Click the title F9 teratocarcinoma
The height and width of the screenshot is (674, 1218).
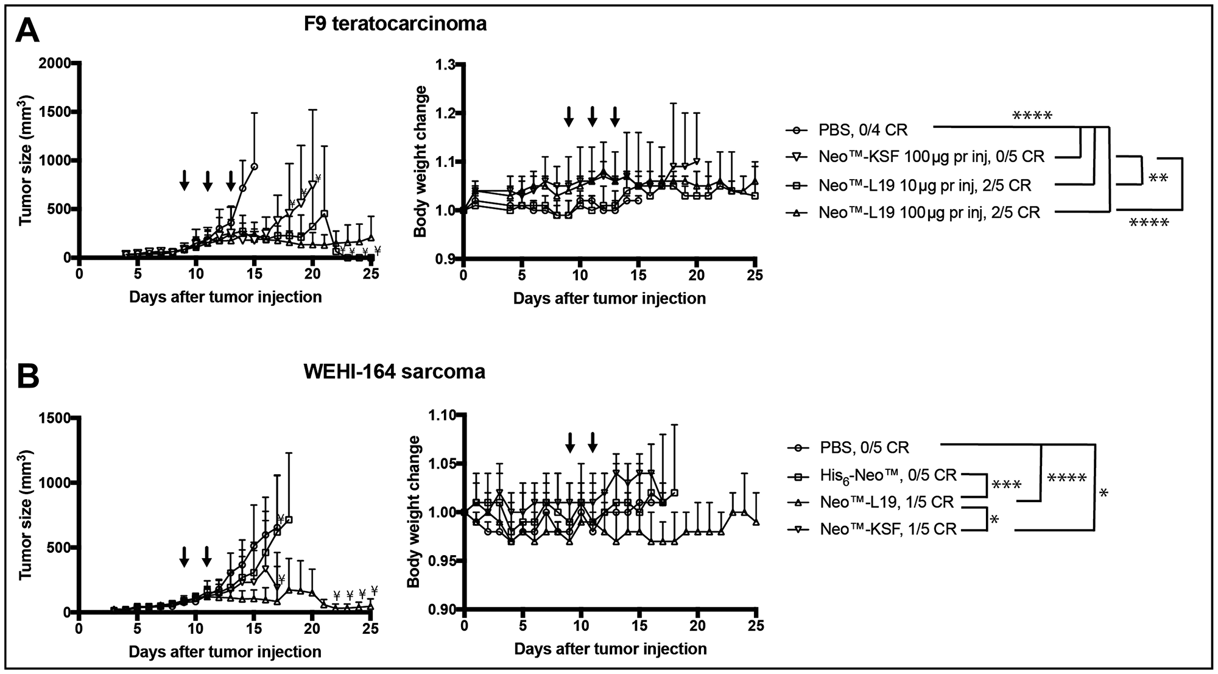(395, 24)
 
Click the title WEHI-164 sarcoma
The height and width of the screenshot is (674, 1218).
(394, 371)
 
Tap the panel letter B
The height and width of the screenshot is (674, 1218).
(27, 377)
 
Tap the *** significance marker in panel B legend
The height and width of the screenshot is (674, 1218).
(1006, 486)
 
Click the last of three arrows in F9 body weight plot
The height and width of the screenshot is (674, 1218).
(615, 116)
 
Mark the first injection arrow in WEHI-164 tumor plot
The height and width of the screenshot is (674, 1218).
(184, 556)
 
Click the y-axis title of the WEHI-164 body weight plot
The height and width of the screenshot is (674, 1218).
(414, 511)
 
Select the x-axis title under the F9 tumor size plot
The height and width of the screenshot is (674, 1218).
(225, 297)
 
